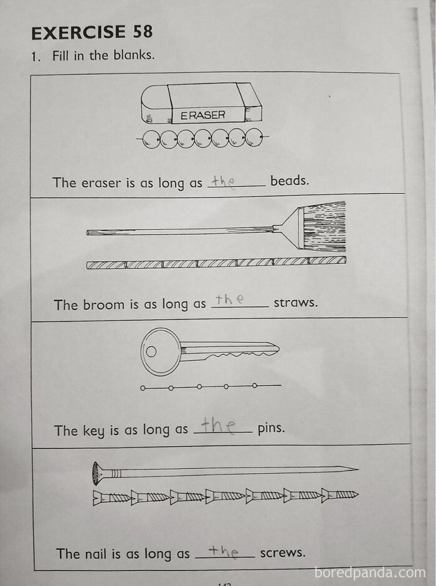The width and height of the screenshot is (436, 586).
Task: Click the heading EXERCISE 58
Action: coord(92,32)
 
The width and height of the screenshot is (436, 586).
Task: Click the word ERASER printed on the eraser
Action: coord(202,115)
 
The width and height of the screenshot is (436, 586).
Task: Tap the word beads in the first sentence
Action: coord(289,181)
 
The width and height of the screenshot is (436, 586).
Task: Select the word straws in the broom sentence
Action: coord(295,303)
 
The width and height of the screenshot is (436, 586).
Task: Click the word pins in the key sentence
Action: coord(271,429)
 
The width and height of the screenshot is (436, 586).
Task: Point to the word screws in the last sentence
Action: coord(282,552)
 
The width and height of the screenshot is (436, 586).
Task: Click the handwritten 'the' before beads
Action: coord(222,181)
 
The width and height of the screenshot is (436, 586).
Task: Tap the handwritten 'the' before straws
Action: coord(229,300)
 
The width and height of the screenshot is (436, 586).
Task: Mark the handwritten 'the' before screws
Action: coord(223,551)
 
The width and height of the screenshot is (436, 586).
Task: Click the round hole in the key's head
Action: coord(151,351)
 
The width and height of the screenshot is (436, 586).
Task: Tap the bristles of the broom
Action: coord(324,226)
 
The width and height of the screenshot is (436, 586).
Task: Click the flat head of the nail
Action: coord(96,473)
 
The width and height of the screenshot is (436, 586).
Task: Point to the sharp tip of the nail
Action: coord(355,469)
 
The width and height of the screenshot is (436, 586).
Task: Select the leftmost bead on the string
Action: coord(151,138)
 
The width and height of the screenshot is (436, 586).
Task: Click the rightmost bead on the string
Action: coord(254,137)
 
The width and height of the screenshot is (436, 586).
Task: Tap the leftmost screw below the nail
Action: coord(112,497)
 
